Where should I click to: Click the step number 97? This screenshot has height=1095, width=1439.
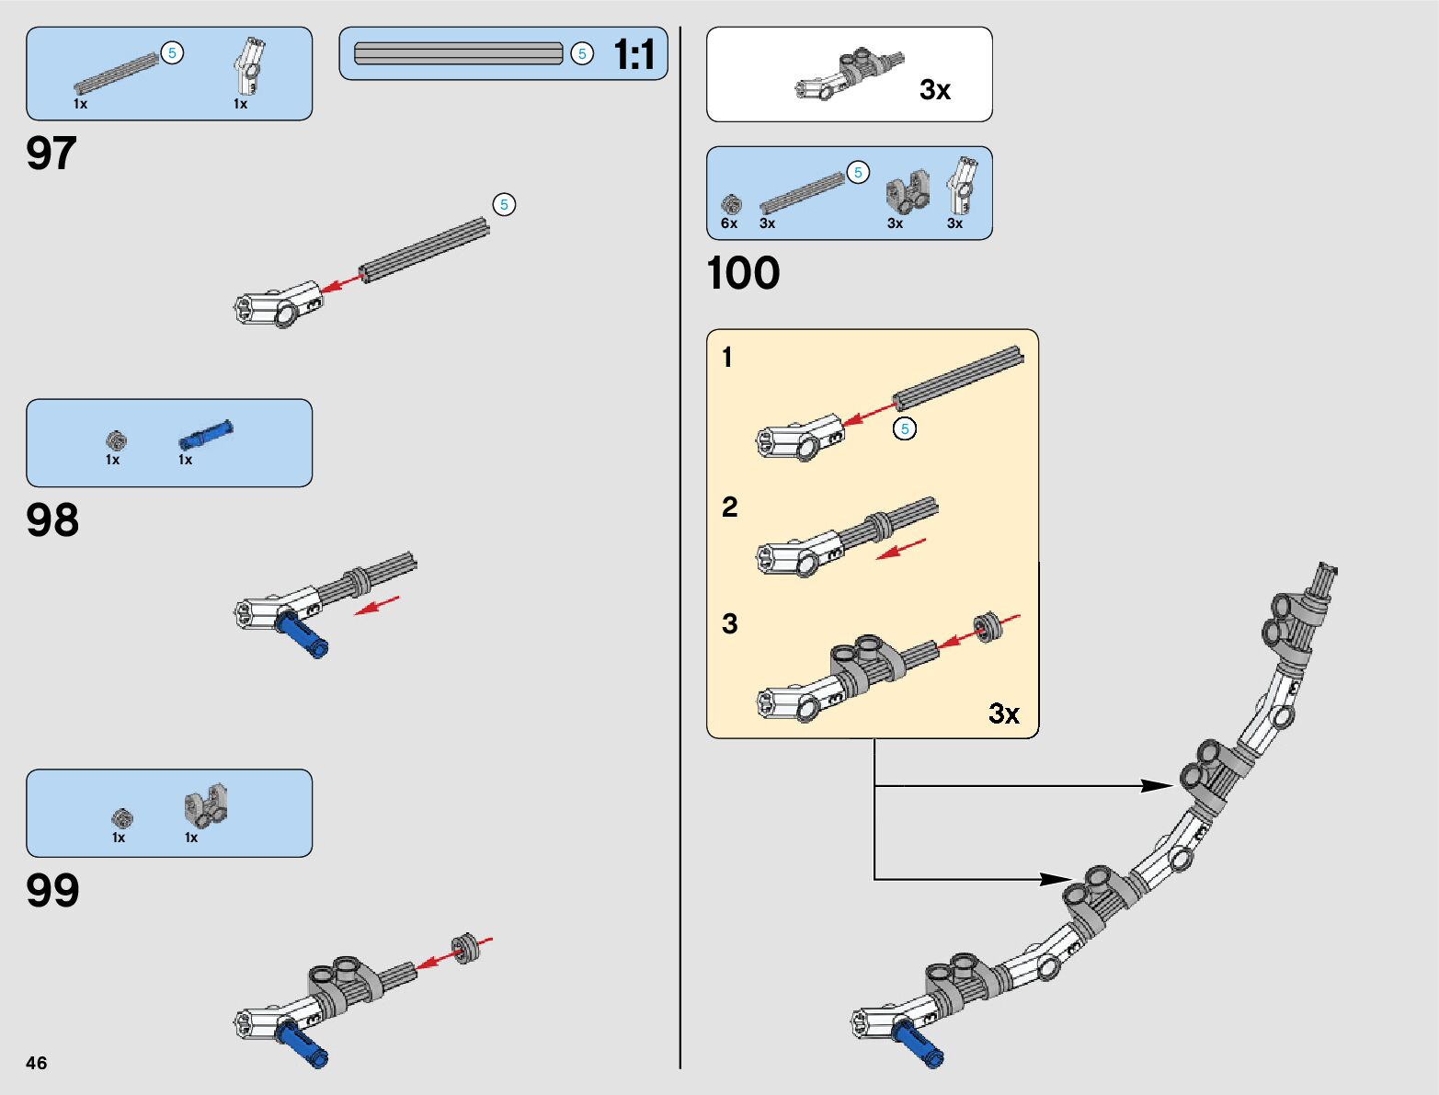(x=51, y=154)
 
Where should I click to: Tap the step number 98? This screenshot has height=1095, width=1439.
(x=52, y=520)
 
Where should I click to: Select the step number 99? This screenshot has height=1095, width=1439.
(x=52, y=891)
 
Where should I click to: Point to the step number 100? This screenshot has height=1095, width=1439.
(x=743, y=274)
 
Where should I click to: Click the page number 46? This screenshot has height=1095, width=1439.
(x=37, y=1063)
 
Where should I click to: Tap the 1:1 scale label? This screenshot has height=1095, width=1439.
(x=634, y=55)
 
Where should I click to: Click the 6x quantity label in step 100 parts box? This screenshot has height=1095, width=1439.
(x=729, y=223)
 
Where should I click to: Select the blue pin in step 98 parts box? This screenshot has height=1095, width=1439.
(x=206, y=434)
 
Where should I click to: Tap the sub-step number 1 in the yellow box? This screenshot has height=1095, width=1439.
(x=727, y=358)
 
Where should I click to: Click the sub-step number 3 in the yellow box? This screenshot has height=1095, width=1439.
(x=730, y=624)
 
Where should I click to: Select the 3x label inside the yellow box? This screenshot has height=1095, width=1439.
(x=1004, y=713)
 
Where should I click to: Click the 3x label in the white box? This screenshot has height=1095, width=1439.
(x=935, y=90)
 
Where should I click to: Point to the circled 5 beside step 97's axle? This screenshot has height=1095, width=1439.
(x=504, y=204)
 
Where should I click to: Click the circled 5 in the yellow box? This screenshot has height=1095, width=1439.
(x=905, y=428)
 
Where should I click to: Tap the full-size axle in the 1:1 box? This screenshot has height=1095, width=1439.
(x=458, y=54)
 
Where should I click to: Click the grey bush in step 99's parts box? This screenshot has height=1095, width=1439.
(x=122, y=817)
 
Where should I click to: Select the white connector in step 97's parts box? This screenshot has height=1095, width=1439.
(x=248, y=66)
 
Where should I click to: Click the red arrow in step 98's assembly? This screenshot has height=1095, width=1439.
(x=377, y=605)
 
